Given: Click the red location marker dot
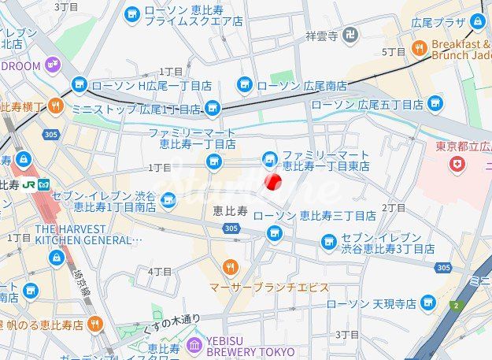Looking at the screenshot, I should click(272, 183).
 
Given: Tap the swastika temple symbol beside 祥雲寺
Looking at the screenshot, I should click(350, 35).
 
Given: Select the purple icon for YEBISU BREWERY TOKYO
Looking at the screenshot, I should click(194, 345).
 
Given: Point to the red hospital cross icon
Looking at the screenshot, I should click(455, 164).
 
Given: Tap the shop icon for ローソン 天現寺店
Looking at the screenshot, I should click(428, 302).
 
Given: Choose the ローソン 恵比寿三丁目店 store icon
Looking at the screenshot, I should click(274, 232).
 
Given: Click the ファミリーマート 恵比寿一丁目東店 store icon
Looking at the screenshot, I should click(270, 160).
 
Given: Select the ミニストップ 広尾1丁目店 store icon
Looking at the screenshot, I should click(212, 109).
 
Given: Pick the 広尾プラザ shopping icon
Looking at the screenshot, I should click(478, 21).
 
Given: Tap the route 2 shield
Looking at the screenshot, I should click(454, 305).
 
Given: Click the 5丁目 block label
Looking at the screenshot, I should click(393, 52).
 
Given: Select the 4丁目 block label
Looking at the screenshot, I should click(160, 271).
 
